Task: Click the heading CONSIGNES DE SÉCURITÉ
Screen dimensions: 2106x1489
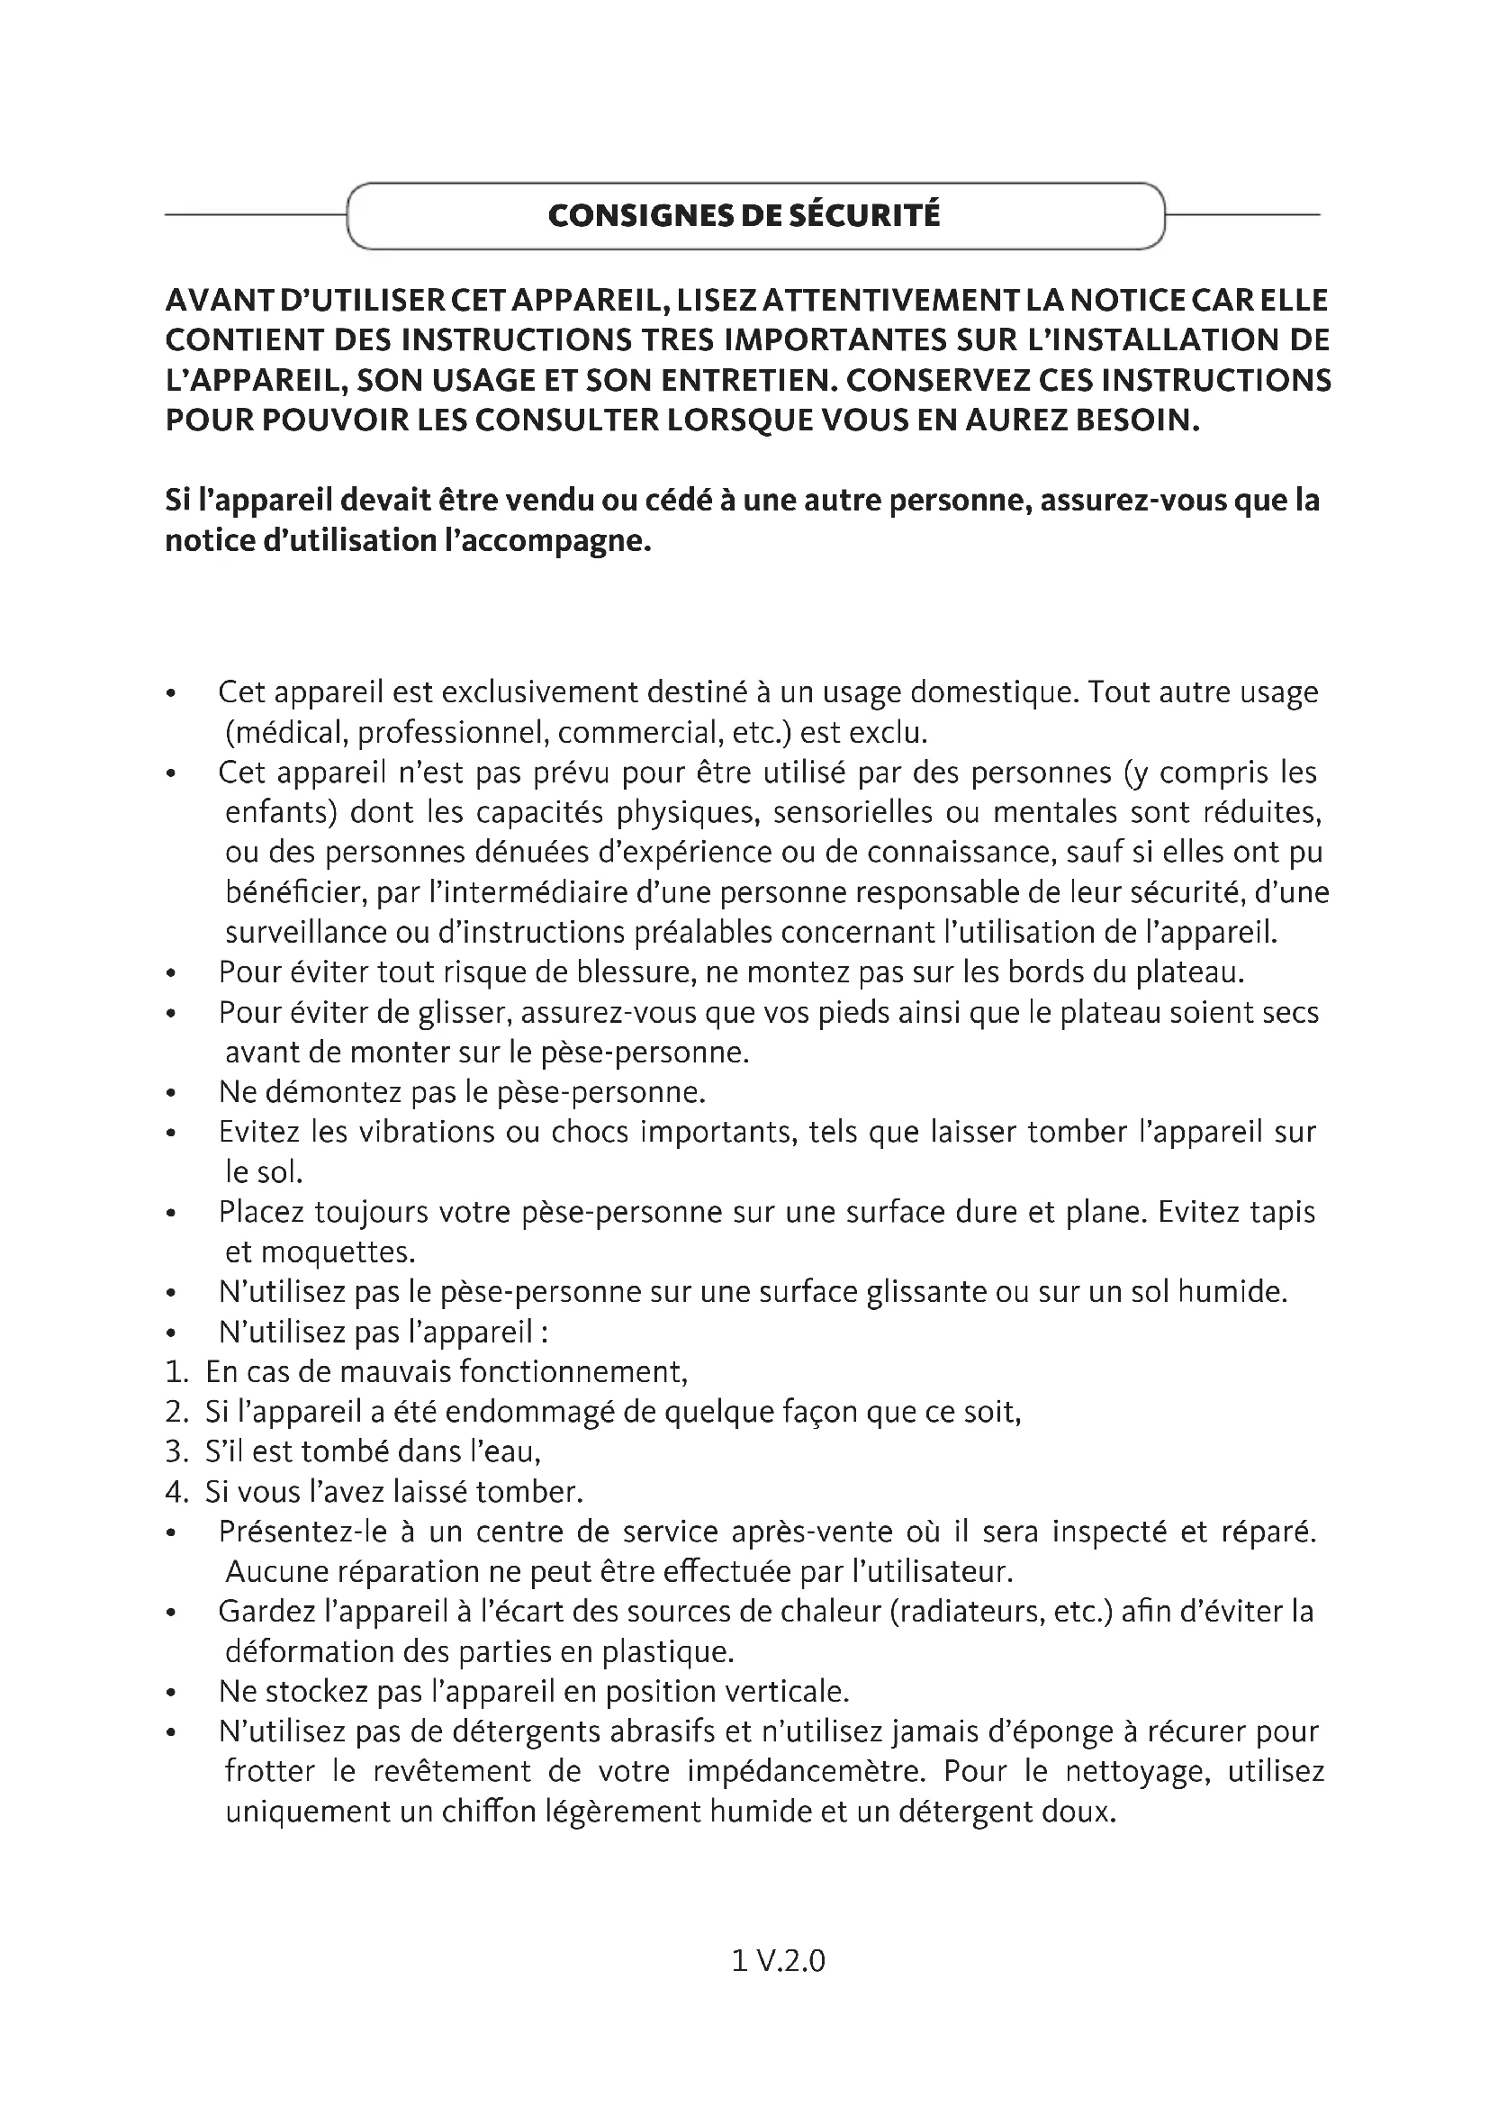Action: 744,215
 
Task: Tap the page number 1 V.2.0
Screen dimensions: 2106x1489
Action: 779,1961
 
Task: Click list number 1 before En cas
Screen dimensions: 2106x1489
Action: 176,1372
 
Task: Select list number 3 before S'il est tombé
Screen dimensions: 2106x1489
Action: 176,1452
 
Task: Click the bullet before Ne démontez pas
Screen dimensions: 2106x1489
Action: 170,1093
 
